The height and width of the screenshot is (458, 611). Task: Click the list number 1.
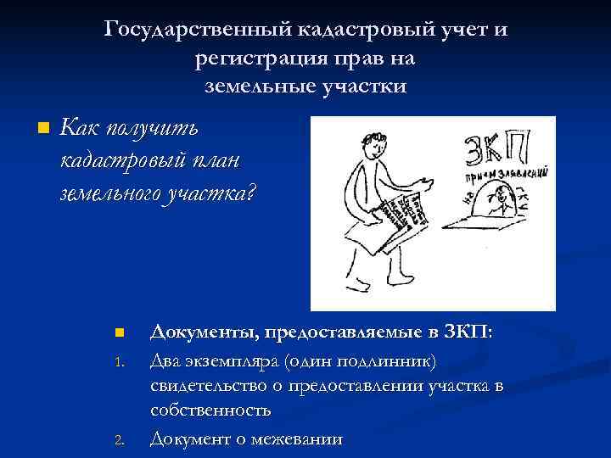click(x=119, y=362)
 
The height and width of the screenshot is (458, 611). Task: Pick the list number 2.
click(x=120, y=439)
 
